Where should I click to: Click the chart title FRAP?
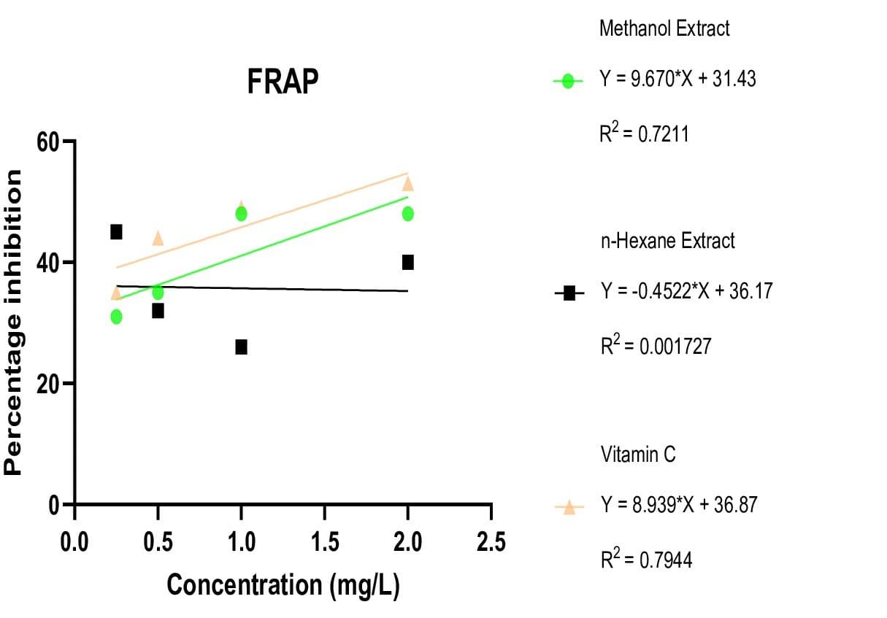(283, 82)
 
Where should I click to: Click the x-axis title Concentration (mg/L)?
(283, 584)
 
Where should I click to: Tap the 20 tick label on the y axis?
(49, 384)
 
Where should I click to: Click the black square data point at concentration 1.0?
(241, 347)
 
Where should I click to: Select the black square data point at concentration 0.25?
(116, 232)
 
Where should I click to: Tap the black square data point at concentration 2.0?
(407, 262)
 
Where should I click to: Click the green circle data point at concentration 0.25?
(116, 317)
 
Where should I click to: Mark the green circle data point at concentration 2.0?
(407, 214)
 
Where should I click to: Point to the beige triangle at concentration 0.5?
(158, 238)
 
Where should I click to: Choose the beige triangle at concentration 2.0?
(407, 183)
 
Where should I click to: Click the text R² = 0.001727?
(655, 346)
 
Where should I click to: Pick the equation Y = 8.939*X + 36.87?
(678, 505)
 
